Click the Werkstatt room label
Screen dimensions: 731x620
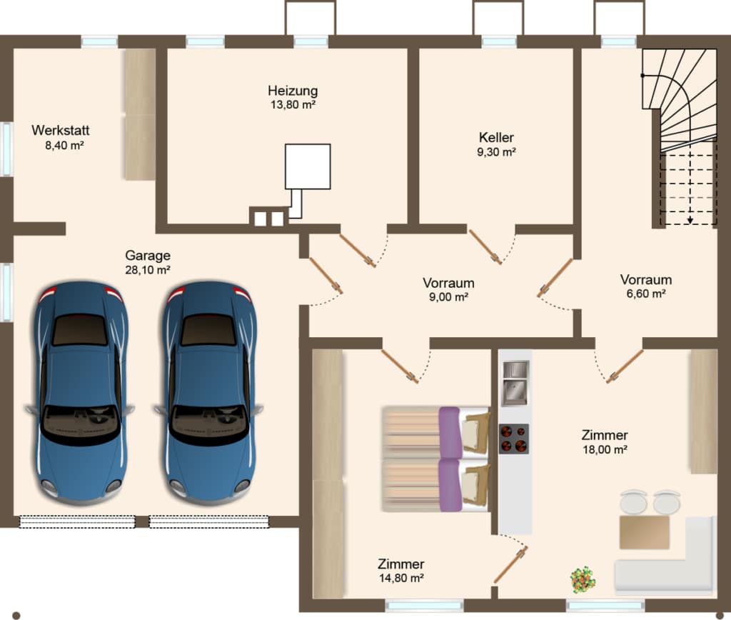coord(61,130)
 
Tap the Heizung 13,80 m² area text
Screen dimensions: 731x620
coord(293,104)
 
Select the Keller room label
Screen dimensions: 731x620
coord(496,138)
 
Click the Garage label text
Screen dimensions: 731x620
coord(148,256)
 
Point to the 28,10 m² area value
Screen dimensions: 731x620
coord(147,270)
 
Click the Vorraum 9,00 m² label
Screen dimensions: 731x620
coord(448,290)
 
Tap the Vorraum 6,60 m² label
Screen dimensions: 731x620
coord(646,286)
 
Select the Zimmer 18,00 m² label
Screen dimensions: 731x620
coord(605,442)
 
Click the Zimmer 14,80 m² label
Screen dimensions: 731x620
coord(401,571)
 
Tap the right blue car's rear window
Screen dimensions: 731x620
coord(208,329)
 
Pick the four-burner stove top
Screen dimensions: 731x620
coord(514,439)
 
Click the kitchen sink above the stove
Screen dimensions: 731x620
coord(515,383)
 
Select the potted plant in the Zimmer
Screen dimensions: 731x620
coord(583,580)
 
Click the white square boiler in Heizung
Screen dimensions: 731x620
coord(308,166)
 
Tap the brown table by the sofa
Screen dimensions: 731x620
coord(645,532)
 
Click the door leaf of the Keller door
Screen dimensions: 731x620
coord(485,247)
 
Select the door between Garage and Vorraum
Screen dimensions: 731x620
coord(326,276)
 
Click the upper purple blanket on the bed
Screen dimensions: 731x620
coord(450,432)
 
